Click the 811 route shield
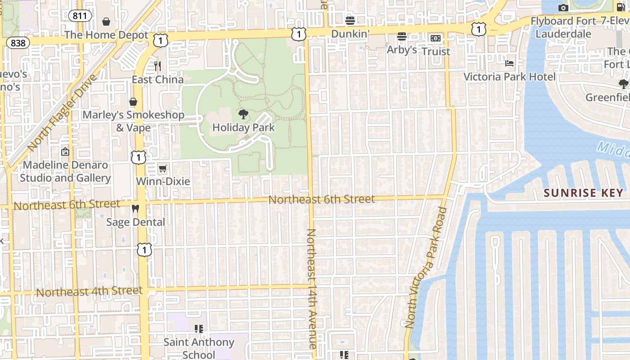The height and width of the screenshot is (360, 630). pyautogui.click(x=81, y=16)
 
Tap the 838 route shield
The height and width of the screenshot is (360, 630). pyautogui.click(x=18, y=43)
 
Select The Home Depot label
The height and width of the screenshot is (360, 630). pyautogui.click(x=106, y=35)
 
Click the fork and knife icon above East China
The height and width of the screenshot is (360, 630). pyautogui.click(x=157, y=66)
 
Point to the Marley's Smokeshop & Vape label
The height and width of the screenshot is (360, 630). pyautogui.click(x=133, y=121)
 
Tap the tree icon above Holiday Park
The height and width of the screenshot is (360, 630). pyautogui.click(x=243, y=114)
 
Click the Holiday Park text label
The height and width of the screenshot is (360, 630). pyautogui.click(x=243, y=127)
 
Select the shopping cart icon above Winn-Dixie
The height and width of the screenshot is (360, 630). pyautogui.click(x=163, y=169)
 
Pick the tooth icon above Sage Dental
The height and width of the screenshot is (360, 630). pyautogui.click(x=135, y=209)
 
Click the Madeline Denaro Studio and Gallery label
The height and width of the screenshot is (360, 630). pyautogui.click(x=65, y=171)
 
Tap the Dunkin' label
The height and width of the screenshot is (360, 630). pyautogui.click(x=351, y=34)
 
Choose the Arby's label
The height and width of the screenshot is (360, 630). pyautogui.click(x=402, y=49)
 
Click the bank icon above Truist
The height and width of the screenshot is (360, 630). pyautogui.click(x=436, y=39)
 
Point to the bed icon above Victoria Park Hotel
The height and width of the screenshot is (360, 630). pyautogui.click(x=509, y=63)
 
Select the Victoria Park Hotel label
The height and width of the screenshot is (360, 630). pyautogui.click(x=510, y=76)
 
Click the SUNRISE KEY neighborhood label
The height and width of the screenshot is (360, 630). pyautogui.click(x=584, y=193)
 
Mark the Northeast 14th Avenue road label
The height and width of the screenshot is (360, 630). pyautogui.click(x=312, y=288)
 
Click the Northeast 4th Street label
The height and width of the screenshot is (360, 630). pyautogui.click(x=89, y=291)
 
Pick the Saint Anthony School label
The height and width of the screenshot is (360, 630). pyautogui.click(x=199, y=348)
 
